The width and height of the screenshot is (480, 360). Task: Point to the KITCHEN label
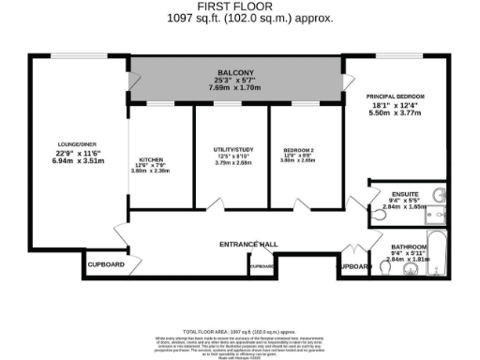click(153, 158)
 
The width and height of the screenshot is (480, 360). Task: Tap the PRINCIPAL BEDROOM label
click(396, 96)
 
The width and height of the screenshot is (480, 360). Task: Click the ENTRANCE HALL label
click(248, 244)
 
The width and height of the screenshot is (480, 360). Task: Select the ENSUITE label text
click(406, 192)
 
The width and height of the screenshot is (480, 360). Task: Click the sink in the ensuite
click(440, 195)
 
